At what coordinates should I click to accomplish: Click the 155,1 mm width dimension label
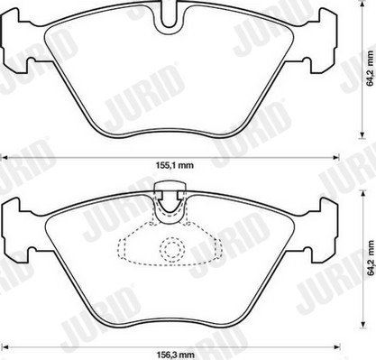pyautogui.click(x=175, y=165)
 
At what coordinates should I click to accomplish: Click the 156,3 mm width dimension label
pyautogui.click(x=175, y=355)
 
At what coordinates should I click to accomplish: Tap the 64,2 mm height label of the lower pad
pyautogui.click(x=371, y=259)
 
